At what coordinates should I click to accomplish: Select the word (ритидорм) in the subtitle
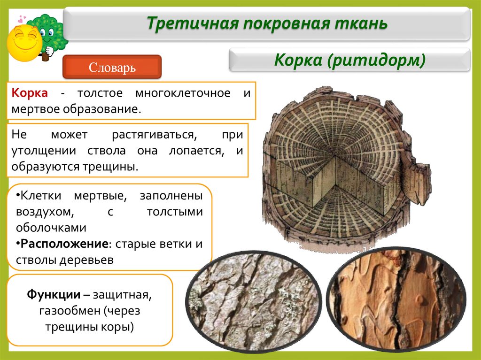[378, 60]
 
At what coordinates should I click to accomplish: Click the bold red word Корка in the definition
[30, 93]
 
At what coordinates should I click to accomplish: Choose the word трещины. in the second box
[115, 167]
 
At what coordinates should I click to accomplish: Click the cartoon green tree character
[49, 35]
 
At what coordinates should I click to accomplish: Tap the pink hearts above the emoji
[21, 19]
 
